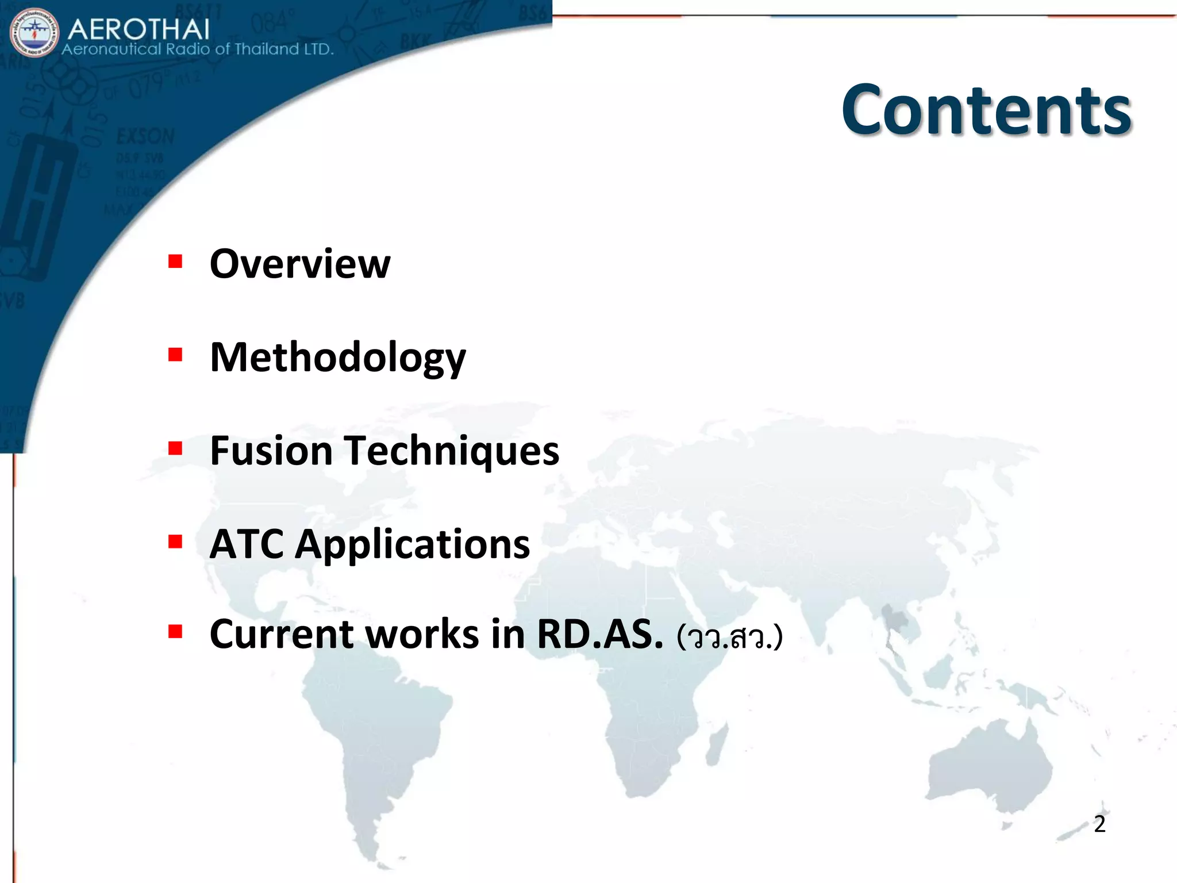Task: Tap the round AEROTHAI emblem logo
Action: (x=34, y=33)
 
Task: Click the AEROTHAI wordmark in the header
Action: (x=139, y=29)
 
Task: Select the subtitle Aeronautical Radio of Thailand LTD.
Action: (x=197, y=49)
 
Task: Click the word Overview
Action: (x=299, y=264)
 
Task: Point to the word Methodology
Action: (x=337, y=358)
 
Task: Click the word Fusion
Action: (x=271, y=451)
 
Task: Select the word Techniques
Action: (x=452, y=451)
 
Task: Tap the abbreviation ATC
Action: (x=247, y=544)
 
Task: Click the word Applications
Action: (x=412, y=544)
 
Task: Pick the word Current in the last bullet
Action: (x=281, y=635)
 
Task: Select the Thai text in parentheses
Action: (x=729, y=637)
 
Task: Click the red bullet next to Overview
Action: (x=175, y=262)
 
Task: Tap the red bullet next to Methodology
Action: (x=175, y=355)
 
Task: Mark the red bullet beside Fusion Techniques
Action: (x=175, y=448)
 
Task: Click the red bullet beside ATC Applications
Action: (x=175, y=541)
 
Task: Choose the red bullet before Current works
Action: (x=175, y=632)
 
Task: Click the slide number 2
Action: (x=1099, y=824)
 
